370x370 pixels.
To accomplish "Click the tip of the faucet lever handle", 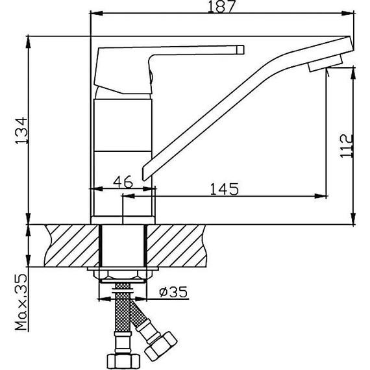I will (240, 49).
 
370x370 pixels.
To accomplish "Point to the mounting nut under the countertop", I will (123, 275).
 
